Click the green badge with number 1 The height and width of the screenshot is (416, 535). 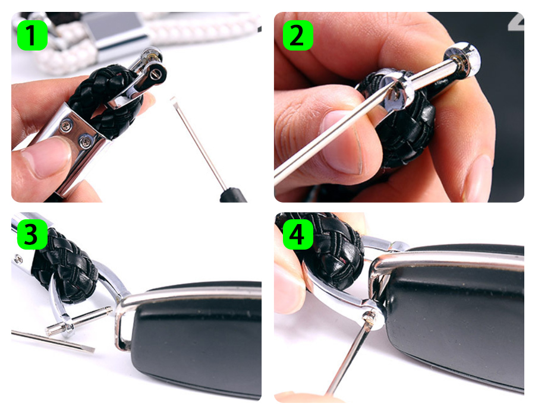click(x=33, y=35)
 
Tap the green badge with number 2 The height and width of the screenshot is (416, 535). click(x=298, y=35)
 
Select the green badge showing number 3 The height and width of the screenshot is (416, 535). click(x=33, y=234)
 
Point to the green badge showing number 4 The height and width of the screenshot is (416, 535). click(x=298, y=234)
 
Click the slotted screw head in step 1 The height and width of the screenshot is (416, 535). click(x=156, y=73)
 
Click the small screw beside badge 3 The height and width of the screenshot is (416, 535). click(x=18, y=260)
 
